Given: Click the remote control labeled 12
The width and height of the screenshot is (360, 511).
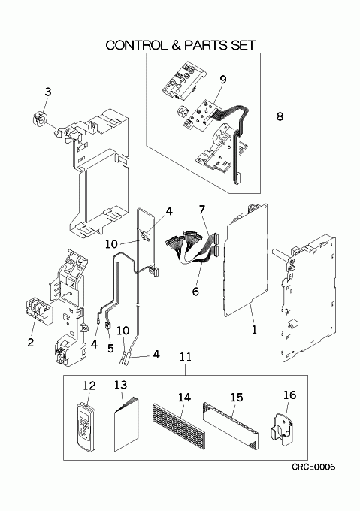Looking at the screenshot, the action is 86,427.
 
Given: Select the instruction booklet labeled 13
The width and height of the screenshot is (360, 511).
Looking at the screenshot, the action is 126,424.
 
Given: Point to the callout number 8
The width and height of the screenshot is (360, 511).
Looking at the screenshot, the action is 280,116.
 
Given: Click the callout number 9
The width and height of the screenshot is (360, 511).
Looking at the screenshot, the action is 223,80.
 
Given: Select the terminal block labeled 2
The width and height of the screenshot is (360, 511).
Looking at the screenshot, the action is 39,309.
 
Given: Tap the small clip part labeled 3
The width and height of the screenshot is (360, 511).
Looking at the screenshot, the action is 40,118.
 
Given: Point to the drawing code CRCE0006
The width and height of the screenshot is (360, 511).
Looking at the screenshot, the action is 313,467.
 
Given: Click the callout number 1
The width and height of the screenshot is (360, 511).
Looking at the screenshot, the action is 255,329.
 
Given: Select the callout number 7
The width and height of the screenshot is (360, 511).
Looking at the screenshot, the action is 202,209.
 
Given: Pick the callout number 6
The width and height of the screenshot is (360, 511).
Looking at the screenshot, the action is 195,291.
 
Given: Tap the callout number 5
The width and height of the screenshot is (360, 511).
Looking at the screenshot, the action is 110,348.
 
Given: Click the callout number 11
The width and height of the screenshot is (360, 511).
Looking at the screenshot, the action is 186,356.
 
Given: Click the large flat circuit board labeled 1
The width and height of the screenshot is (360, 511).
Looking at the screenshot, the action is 247,261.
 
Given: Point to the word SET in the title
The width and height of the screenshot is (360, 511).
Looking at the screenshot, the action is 243,45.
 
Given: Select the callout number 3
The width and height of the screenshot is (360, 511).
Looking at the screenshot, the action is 48,92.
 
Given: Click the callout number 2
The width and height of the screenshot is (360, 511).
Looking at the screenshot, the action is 31,342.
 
